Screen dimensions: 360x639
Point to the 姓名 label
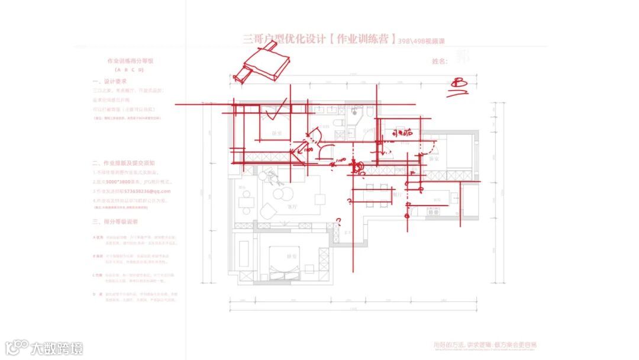[440, 61]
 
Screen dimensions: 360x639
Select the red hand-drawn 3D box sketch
[264, 63]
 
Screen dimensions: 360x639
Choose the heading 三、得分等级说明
[115, 221]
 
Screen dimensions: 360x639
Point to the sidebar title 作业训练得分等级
[130, 61]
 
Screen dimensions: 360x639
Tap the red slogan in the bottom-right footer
[485, 345]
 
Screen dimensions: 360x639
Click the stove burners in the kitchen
[434, 210]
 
